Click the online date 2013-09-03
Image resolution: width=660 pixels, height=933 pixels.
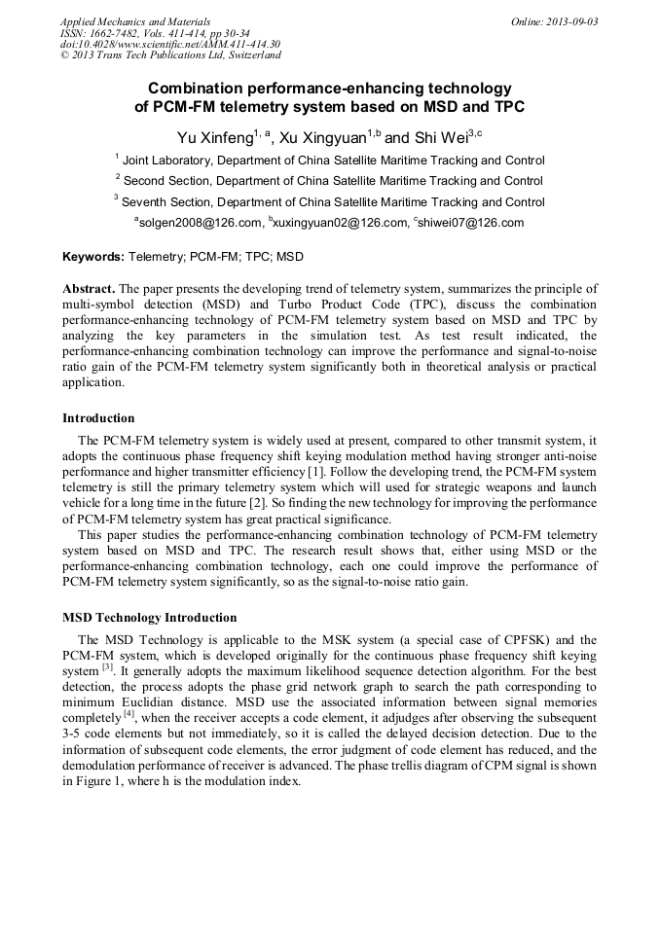[x=570, y=20]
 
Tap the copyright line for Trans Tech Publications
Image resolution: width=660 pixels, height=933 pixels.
[x=170, y=56]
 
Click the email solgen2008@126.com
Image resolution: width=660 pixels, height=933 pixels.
[x=200, y=223]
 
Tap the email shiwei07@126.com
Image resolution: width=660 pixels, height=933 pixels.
[x=469, y=223]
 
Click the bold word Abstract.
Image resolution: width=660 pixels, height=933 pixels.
[x=89, y=289]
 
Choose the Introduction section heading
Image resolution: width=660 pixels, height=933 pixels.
[x=98, y=418]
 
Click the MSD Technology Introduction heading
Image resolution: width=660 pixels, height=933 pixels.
[x=149, y=618]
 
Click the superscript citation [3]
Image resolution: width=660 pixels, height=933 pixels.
[x=108, y=667]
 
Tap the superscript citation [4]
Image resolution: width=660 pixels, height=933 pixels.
[x=128, y=715]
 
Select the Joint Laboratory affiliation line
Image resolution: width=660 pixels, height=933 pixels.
[x=330, y=160]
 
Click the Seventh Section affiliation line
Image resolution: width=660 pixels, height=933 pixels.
[x=330, y=202]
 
